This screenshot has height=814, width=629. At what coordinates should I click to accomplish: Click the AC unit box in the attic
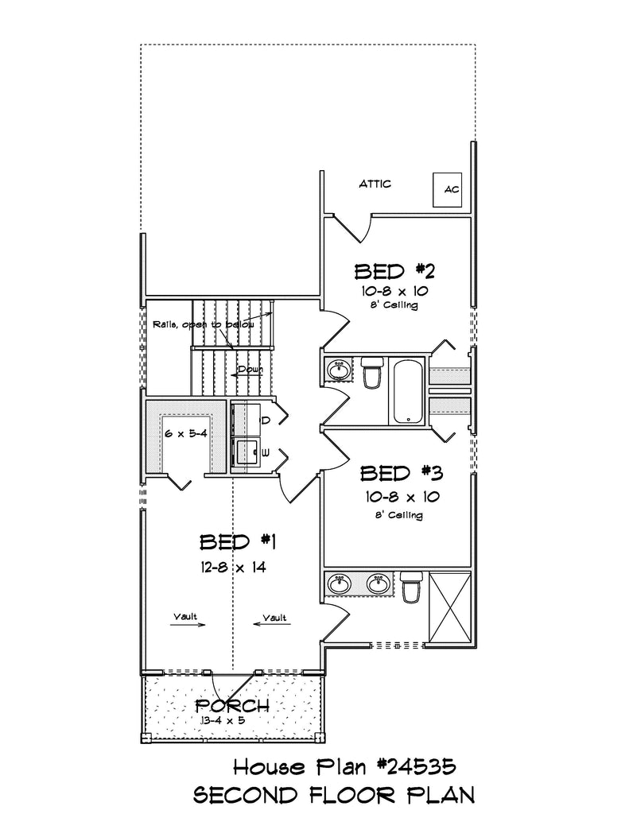tap(447, 189)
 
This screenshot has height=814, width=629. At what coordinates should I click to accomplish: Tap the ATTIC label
tap(375, 184)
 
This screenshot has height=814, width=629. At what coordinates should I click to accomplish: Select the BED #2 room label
tap(394, 272)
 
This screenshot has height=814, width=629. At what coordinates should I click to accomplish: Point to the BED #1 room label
tap(238, 542)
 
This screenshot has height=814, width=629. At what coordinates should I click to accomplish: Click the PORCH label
tap(232, 706)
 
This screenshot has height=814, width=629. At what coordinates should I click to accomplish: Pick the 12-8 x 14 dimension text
tap(233, 568)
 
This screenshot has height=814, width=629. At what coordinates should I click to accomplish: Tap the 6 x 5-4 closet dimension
tap(186, 433)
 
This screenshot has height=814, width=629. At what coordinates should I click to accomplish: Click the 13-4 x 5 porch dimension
tap(223, 720)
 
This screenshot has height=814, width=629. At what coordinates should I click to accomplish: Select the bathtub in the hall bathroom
tap(409, 391)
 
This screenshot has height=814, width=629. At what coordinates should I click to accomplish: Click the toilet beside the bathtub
tap(372, 372)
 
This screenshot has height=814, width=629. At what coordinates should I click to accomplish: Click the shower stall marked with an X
tap(449, 607)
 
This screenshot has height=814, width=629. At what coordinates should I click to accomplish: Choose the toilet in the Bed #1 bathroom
tap(411, 587)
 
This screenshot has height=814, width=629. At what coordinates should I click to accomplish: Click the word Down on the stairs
tap(250, 369)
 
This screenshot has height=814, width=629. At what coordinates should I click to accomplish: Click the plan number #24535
tap(417, 766)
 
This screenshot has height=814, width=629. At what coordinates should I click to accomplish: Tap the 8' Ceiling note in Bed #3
tap(399, 515)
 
